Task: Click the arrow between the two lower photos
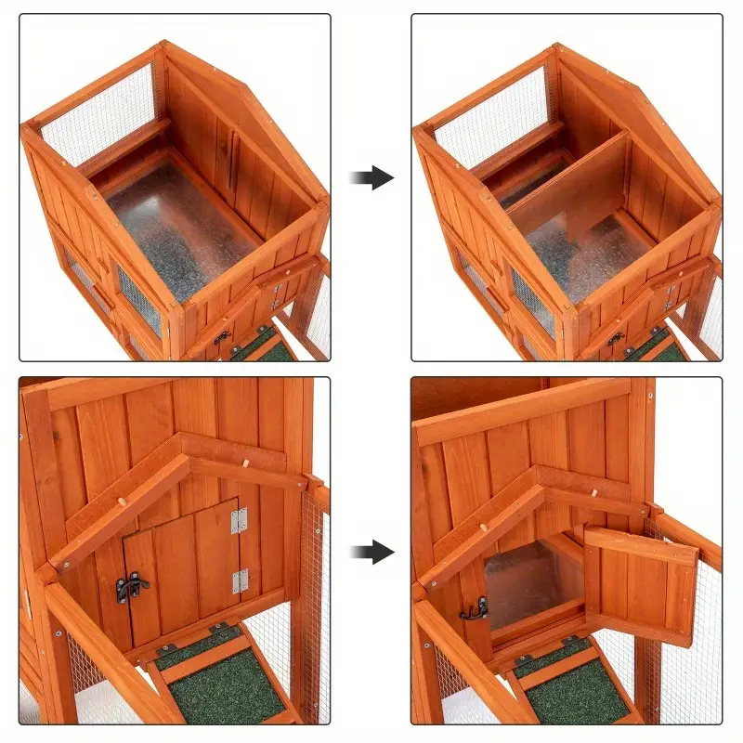click(372, 554)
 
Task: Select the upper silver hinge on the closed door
click(240, 520)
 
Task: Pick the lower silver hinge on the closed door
click(240, 581)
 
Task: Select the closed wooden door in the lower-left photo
click(181, 571)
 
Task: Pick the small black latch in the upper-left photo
click(221, 338)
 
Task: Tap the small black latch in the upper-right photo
click(614, 338)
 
